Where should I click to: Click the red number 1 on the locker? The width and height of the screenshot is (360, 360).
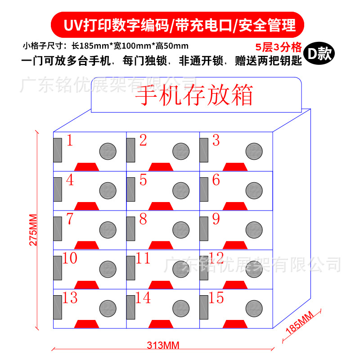pos(70,141)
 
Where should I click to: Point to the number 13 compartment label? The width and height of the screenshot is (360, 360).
pos(71,297)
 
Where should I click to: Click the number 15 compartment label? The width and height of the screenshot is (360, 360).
pos(216,297)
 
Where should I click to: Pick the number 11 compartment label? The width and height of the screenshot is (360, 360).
pos(143,258)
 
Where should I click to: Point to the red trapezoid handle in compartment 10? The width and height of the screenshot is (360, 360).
pos(87,284)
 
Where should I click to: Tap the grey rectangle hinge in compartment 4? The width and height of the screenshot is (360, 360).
pos(58,189)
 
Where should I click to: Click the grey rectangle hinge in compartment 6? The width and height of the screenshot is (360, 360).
pos(204,189)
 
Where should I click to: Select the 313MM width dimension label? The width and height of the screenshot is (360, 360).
pos(162,346)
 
